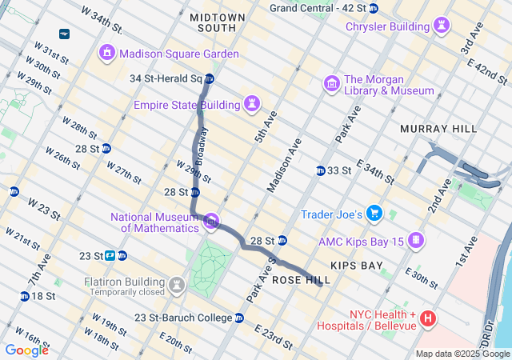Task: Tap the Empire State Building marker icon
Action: (253, 105)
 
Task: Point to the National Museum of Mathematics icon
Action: (212, 222)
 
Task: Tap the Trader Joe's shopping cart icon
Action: (374, 214)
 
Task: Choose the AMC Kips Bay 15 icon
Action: (416, 240)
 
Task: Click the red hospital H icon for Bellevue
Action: (428, 319)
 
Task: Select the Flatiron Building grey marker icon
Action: (175, 286)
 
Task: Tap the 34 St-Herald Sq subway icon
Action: (210, 78)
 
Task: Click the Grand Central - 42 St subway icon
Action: (374, 8)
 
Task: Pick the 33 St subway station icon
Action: (320, 170)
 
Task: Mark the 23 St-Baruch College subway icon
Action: (239, 318)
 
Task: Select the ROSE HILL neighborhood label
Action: (297, 281)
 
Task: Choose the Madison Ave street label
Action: (285, 166)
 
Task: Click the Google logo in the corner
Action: (27, 350)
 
